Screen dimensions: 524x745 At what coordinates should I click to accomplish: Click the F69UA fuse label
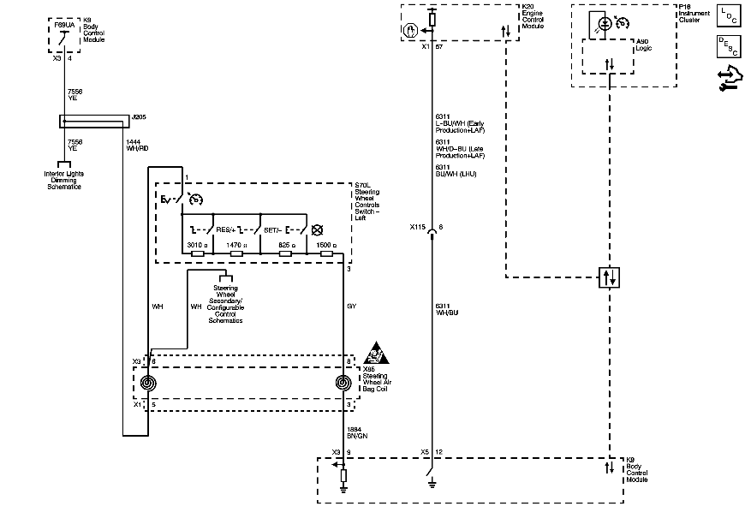[x=63, y=26]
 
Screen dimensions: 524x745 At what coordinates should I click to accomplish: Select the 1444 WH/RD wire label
[x=137, y=145]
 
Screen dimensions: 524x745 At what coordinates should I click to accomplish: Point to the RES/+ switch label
[x=226, y=229]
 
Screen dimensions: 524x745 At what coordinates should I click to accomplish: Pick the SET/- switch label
[x=273, y=229]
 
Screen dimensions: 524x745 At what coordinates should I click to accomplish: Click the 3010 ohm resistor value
[x=197, y=245]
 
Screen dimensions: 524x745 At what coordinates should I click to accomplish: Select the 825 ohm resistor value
[x=287, y=245]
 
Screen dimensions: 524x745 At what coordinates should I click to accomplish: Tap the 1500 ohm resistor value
[x=326, y=245]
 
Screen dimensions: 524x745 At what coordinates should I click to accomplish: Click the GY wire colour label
[x=351, y=306]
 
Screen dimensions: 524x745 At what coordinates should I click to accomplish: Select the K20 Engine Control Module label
[x=533, y=16]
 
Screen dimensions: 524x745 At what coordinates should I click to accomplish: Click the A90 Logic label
[x=643, y=45]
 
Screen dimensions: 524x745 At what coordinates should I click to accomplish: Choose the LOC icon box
[x=726, y=16]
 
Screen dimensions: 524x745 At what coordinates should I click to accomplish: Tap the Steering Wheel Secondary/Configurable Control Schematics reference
[x=226, y=301]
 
